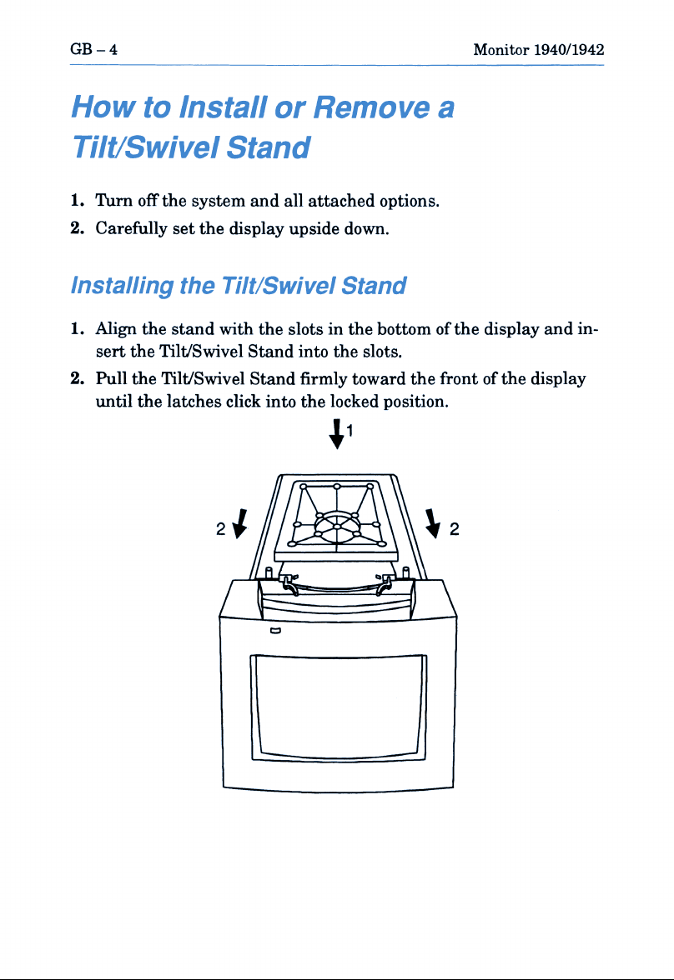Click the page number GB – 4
94,49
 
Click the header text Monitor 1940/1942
538,49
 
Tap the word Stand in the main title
268,147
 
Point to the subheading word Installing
122,287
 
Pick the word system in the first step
218,202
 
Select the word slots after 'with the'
308,328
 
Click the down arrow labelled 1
337,433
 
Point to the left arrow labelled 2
240,523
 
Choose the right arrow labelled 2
432,523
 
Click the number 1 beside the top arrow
350,430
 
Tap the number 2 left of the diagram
221,529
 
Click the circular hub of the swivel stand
337,527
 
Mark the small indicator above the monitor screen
275,630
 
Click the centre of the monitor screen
338,707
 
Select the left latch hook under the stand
289,584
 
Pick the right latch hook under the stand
385,584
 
